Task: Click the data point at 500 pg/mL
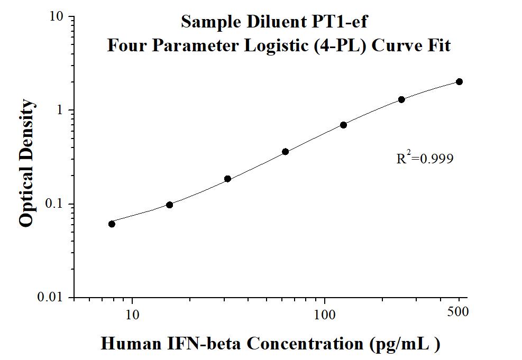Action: [459, 81]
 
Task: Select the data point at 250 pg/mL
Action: [401, 99]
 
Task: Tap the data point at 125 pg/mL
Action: [343, 125]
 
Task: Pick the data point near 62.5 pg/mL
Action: [285, 152]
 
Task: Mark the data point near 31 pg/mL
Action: [227, 179]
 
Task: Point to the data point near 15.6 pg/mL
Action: [169, 205]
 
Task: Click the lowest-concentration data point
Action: [112, 224]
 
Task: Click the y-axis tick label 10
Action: [57, 17]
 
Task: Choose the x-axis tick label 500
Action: [458, 312]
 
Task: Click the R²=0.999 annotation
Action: [425, 158]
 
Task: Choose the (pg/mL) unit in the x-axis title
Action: [405, 344]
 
